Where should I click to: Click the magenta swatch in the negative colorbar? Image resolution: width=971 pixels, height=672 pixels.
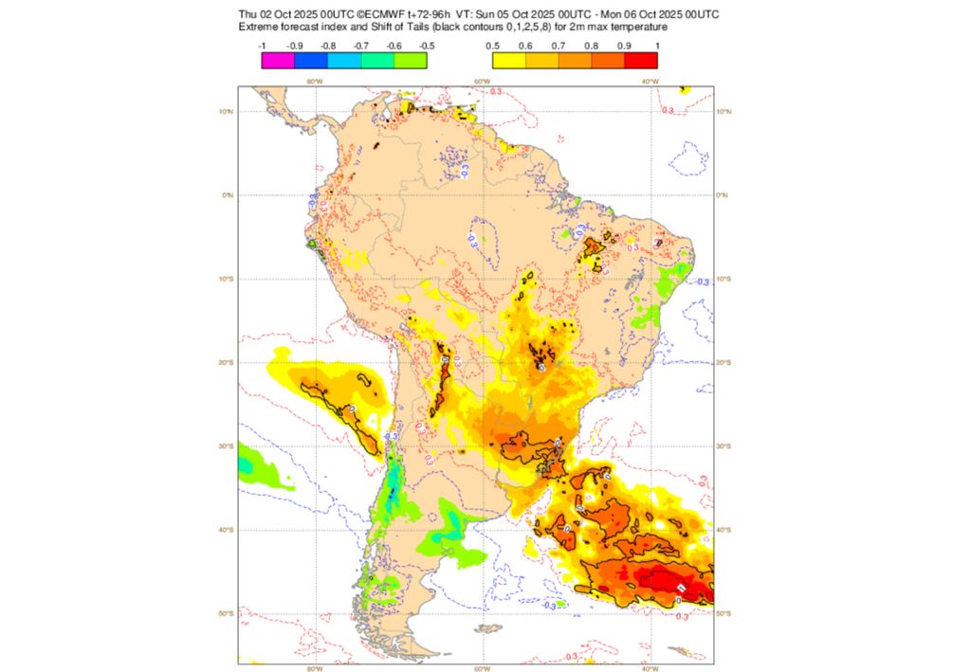tap(278, 61)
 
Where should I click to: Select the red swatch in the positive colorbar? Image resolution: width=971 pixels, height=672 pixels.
tap(640, 61)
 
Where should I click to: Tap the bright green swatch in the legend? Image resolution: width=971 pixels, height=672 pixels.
tap(410, 61)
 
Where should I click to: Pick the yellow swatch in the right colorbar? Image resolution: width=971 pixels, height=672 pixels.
tap(509, 61)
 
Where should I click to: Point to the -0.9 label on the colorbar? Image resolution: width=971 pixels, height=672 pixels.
tap(295, 45)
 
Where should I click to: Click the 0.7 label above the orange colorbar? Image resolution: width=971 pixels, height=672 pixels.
tap(559, 45)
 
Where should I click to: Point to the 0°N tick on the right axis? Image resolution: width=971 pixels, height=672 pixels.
tap(723, 195)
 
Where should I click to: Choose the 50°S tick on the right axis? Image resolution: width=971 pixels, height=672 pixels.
tap(724, 614)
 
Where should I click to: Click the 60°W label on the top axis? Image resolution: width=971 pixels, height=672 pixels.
tap(482, 82)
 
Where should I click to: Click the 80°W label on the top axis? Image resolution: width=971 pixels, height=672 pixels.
tap(314, 82)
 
